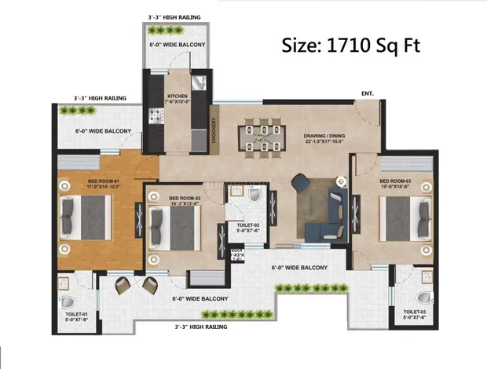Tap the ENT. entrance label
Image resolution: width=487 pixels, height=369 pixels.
click(368, 93)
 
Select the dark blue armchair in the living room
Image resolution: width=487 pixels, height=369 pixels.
click(301, 183)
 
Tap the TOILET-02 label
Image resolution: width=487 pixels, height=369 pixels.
click(249, 228)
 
